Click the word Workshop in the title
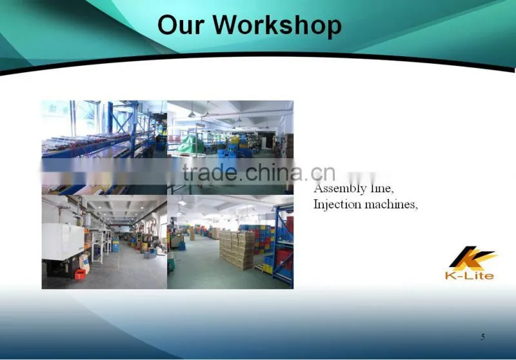(x=277, y=25)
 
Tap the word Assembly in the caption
(x=340, y=189)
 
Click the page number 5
(x=482, y=337)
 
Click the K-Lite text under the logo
(x=470, y=275)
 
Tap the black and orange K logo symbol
(x=473, y=257)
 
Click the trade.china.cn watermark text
(x=259, y=172)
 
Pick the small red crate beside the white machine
(x=79, y=274)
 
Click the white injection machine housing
(x=63, y=241)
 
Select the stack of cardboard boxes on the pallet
(x=237, y=250)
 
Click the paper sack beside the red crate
(x=84, y=264)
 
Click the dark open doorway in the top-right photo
(x=268, y=139)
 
